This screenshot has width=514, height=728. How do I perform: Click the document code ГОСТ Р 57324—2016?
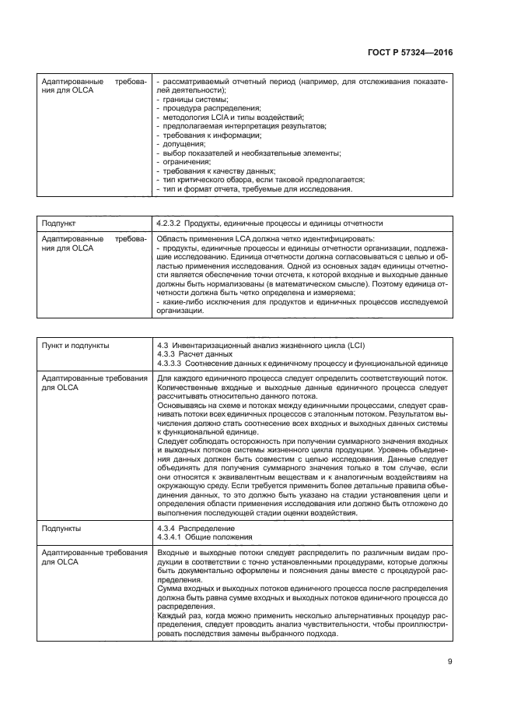412,51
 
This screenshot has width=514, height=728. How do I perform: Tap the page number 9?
450,662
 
